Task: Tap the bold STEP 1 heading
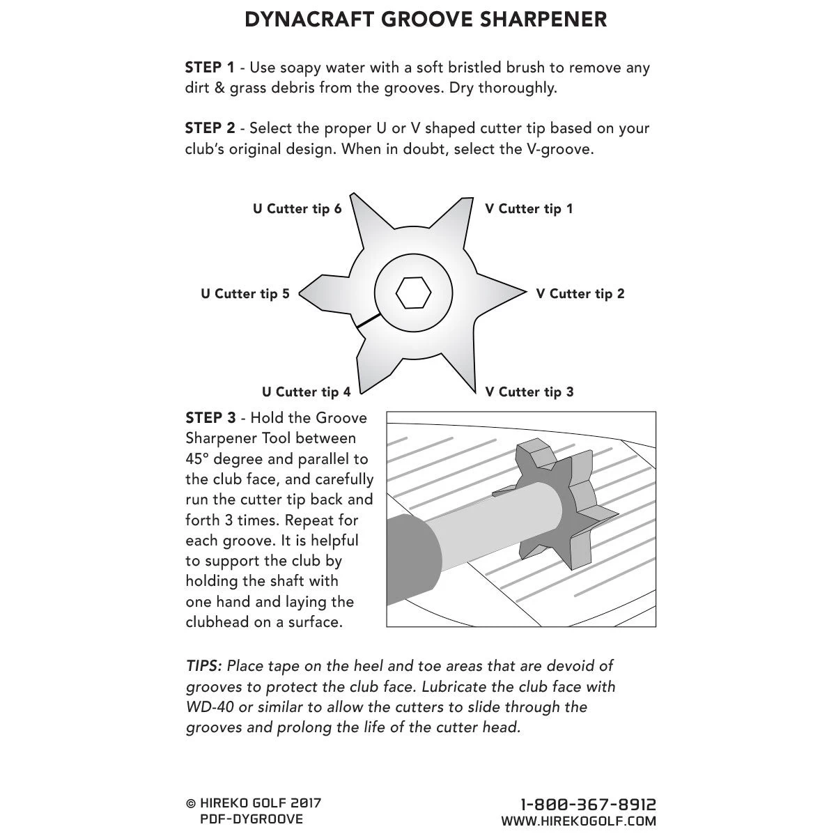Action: coord(210,68)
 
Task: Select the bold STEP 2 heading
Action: coord(210,128)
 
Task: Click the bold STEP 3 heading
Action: coord(210,418)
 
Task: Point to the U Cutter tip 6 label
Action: coord(297,209)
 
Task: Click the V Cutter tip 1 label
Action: coord(529,209)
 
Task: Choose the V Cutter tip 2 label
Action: coord(580,294)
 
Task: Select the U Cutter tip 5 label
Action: coord(245,294)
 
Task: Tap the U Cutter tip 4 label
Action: coord(307,392)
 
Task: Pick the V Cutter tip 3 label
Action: coord(529,392)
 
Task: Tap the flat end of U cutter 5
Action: coord(302,294)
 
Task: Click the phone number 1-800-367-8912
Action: coord(589,805)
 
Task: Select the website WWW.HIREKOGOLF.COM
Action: coord(578,822)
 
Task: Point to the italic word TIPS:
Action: coord(203,666)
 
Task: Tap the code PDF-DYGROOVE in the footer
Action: coord(251,819)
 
